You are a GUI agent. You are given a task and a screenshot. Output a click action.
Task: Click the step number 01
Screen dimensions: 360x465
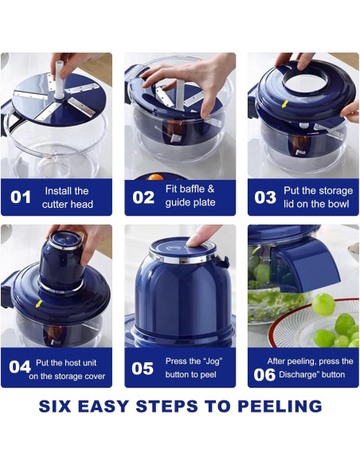(x=21, y=197)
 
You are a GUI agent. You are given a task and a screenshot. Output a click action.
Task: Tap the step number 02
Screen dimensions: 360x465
(x=143, y=197)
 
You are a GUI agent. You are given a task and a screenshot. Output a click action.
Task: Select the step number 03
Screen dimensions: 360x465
(x=265, y=197)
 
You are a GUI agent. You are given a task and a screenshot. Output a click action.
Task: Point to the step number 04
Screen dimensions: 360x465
(x=20, y=367)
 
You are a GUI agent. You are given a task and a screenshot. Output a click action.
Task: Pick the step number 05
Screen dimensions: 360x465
(x=143, y=369)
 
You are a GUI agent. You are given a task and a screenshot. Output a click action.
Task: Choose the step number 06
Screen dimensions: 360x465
(x=264, y=375)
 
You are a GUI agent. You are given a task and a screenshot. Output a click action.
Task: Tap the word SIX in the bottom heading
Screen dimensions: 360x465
(x=55, y=406)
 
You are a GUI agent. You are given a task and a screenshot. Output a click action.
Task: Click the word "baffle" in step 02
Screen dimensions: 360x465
(x=193, y=189)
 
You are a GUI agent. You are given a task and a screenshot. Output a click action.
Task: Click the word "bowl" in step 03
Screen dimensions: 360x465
(x=338, y=204)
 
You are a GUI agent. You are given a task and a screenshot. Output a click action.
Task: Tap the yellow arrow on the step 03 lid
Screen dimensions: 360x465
(x=285, y=104)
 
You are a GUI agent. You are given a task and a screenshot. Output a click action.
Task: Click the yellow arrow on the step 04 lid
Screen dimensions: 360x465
(x=39, y=304)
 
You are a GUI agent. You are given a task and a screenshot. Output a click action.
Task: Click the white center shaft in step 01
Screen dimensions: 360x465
(x=59, y=80)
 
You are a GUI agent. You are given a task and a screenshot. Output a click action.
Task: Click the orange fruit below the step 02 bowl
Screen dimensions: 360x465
(x=155, y=178)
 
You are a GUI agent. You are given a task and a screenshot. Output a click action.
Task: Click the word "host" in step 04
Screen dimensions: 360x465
(x=73, y=363)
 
